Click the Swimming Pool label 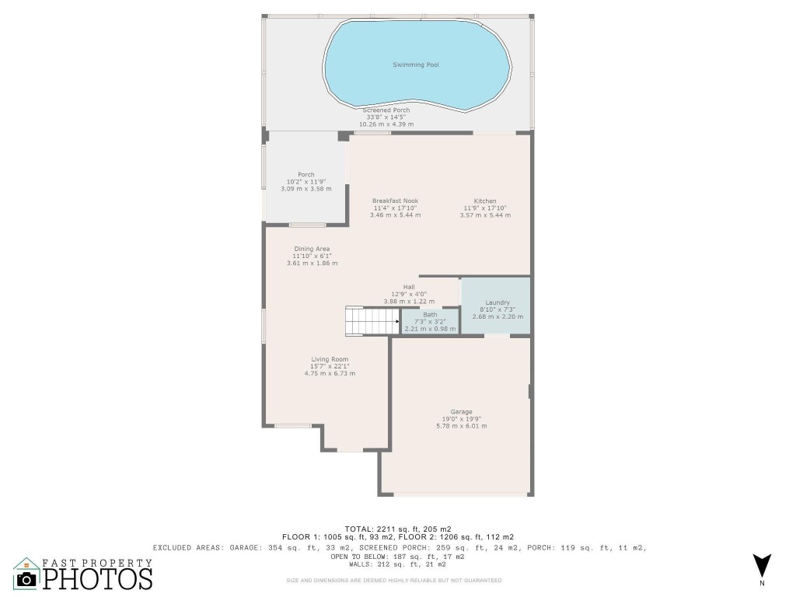[x=415, y=65]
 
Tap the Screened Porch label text [x=386, y=110]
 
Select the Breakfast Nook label [x=395, y=201]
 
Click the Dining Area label [x=312, y=249]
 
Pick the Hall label [x=408, y=287]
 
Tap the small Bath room [x=430, y=322]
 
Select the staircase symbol [x=371, y=321]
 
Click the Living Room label [x=330, y=359]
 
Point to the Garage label [x=461, y=412]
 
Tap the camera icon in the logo [x=27, y=578]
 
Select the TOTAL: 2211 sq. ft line [x=397, y=528]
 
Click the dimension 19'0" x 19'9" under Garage [x=461, y=419]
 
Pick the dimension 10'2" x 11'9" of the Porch [x=305, y=182]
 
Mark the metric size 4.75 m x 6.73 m [x=330, y=373]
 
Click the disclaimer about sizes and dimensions [x=394, y=580]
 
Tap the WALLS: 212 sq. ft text [x=397, y=564]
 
